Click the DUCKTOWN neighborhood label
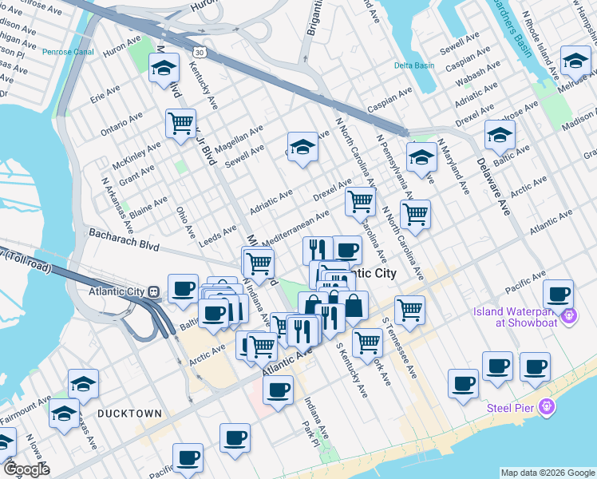coord(129,414)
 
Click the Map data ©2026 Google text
coord(548,473)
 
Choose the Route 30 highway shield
coord(197,52)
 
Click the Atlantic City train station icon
coord(152,291)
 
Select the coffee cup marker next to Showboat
coord(558,294)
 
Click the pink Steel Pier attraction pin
coord(547,407)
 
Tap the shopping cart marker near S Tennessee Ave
coord(409,310)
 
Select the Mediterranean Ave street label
coord(295,228)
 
